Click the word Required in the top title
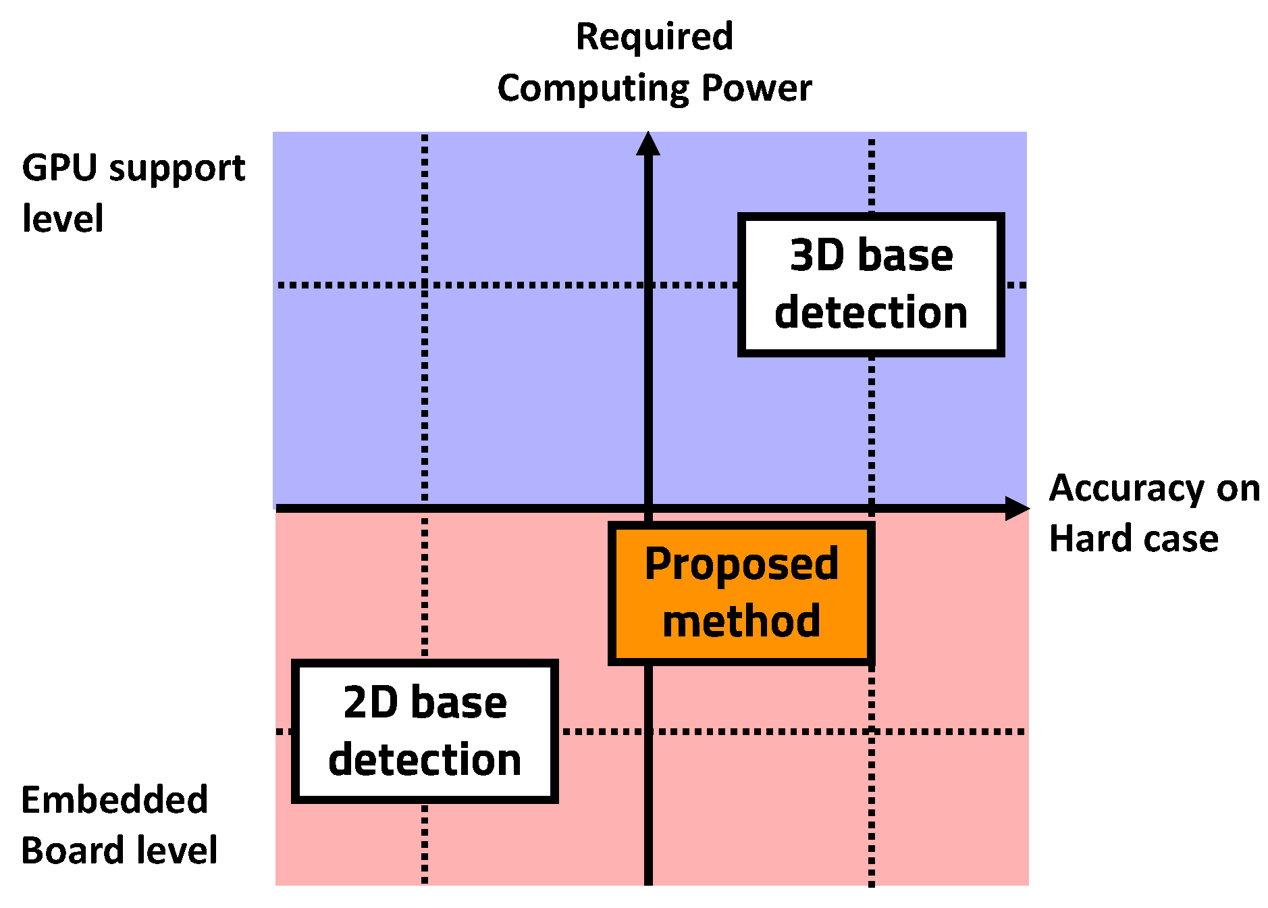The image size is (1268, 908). [654, 36]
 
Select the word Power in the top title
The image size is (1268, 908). [756, 88]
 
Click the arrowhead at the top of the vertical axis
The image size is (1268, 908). [648, 143]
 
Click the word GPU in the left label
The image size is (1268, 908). [60, 168]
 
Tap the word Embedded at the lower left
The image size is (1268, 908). [114, 800]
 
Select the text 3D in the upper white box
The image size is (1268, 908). [817, 255]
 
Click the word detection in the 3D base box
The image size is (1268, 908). [871, 313]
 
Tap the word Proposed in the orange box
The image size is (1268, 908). [741, 565]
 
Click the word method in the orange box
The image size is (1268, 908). [741, 622]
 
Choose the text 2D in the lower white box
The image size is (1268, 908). [370, 703]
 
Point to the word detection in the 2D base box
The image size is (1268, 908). [425, 760]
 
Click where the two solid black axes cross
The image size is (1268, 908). [648, 508]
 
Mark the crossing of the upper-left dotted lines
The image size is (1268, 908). [425, 285]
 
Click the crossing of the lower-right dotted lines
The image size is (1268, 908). [872, 732]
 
